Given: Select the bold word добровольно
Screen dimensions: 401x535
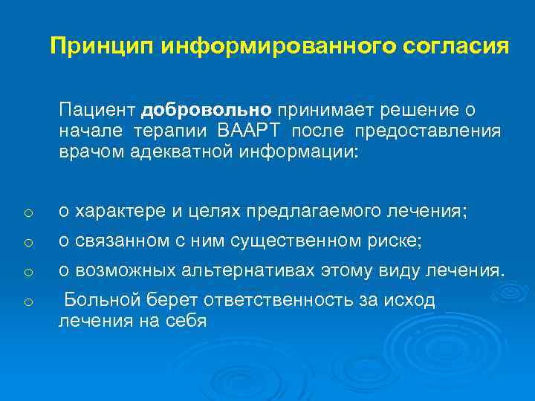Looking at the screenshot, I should point(208,111).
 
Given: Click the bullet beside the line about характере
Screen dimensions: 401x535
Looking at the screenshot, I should point(26,214).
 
